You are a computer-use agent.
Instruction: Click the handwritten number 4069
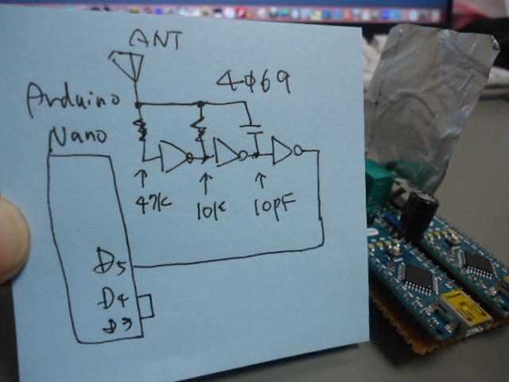pyautogui.click(x=254, y=81)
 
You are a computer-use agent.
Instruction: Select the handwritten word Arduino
pyautogui.click(x=73, y=99)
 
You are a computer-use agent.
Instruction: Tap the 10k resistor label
pyautogui.click(x=211, y=209)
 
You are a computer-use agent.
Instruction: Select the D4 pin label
pyautogui.click(x=111, y=299)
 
